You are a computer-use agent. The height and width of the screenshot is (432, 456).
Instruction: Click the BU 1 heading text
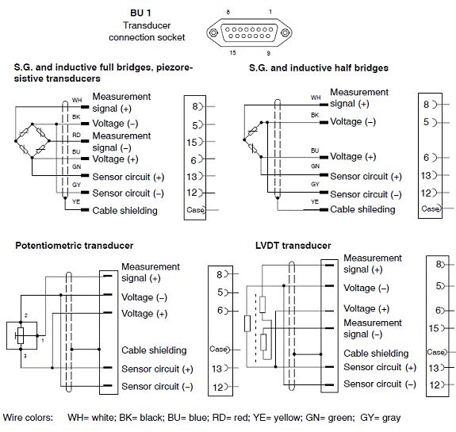[140, 13]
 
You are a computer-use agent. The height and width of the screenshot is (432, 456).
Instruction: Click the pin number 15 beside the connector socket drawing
[232, 52]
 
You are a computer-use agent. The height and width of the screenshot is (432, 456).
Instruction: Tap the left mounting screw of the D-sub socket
[213, 32]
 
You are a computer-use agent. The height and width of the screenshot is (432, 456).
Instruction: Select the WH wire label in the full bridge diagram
[77, 100]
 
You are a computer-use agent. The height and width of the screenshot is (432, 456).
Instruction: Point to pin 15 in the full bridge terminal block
[192, 143]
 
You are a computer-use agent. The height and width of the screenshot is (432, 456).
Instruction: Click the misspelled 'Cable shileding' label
[362, 209]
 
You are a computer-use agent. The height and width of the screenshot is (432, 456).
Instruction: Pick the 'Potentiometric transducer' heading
[75, 246]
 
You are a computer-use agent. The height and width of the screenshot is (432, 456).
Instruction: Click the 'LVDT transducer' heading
[293, 246]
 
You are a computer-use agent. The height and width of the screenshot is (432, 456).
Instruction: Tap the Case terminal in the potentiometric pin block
[219, 349]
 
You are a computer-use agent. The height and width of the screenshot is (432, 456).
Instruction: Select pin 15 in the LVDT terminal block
[434, 328]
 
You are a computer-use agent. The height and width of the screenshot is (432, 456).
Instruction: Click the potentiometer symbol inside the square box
[21, 336]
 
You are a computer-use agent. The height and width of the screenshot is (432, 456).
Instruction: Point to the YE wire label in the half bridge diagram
[315, 201]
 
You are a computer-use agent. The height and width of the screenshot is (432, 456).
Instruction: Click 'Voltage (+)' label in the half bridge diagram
[353, 157]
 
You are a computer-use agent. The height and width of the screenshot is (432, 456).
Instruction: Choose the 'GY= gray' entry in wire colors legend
[381, 418]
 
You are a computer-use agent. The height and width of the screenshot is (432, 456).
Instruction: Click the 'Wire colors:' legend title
[29, 418]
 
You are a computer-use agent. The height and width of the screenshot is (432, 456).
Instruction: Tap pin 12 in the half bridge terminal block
[426, 193]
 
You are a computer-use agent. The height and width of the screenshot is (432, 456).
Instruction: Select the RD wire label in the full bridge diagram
[76, 136]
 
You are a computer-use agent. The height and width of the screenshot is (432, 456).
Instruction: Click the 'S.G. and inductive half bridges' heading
[319, 68]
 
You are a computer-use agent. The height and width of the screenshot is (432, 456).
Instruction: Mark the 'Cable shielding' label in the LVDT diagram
[376, 354]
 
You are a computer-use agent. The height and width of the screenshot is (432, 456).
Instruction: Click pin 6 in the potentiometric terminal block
[220, 311]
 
